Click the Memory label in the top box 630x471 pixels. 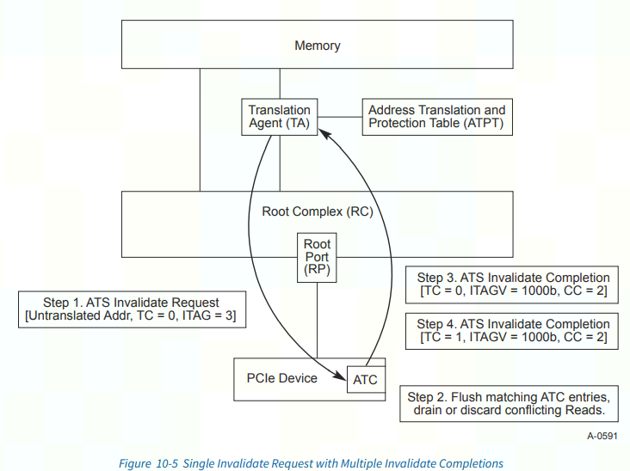(317, 46)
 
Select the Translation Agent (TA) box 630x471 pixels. (279, 117)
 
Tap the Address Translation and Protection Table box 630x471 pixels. (436, 117)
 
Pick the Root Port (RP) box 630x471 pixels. (317, 257)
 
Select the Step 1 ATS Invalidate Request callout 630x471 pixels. (131, 310)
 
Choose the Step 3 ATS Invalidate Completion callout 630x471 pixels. (513, 285)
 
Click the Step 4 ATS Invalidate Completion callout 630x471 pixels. (513, 332)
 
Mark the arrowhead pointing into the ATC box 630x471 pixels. (339, 378)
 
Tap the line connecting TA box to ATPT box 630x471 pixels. (337, 117)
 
